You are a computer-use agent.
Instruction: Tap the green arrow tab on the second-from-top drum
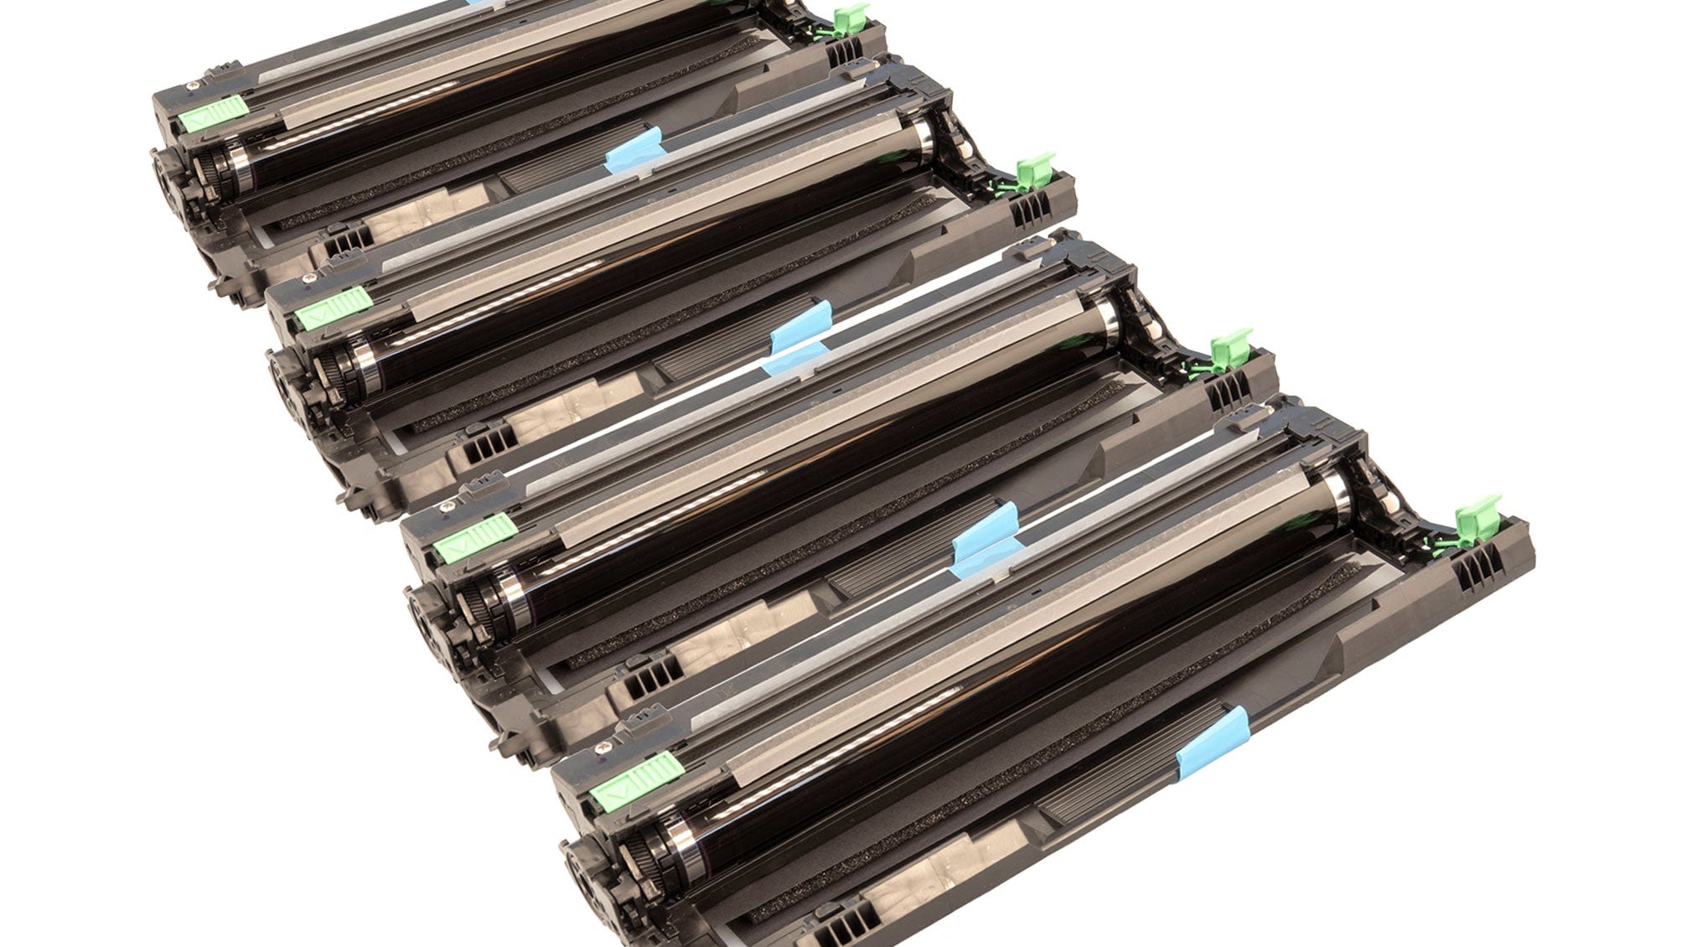(334, 305)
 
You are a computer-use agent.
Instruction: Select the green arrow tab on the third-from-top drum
(475, 534)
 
